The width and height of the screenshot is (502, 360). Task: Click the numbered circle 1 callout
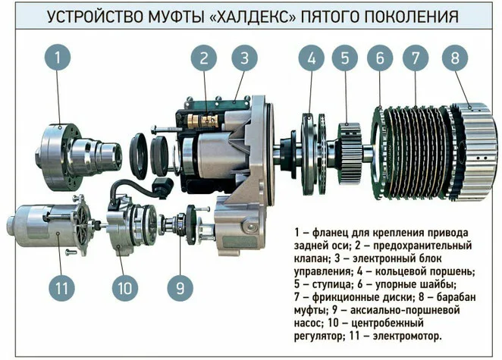[58, 58]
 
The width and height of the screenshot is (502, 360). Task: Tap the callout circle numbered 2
[204, 58]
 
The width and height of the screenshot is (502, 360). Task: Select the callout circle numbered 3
[245, 58]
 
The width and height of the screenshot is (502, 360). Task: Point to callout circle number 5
[345, 58]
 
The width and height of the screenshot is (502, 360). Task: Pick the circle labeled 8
[455, 58]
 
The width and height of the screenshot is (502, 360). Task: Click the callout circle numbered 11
[61, 288]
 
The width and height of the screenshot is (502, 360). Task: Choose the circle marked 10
[125, 288]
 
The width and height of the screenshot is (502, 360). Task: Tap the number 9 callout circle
[180, 288]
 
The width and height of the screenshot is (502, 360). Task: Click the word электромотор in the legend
[407, 337]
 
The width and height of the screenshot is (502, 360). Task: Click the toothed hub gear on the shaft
[350, 152]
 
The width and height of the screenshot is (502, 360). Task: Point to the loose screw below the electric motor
[71, 252]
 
